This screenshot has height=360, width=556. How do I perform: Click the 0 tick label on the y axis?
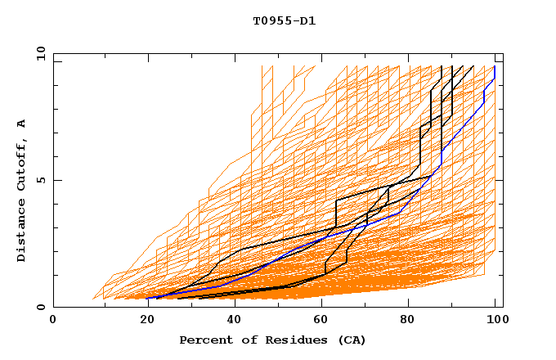click(x=42, y=307)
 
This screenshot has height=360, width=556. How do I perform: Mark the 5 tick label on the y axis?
click(x=42, y=180)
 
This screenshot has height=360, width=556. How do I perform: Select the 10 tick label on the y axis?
click(x=38, y=53)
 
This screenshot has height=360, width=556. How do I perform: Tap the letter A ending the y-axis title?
click(x=21, y=123)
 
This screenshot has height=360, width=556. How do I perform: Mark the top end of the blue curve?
click(x=494, y=67)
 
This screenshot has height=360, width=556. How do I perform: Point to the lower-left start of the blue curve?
click(x=148, y=298)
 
